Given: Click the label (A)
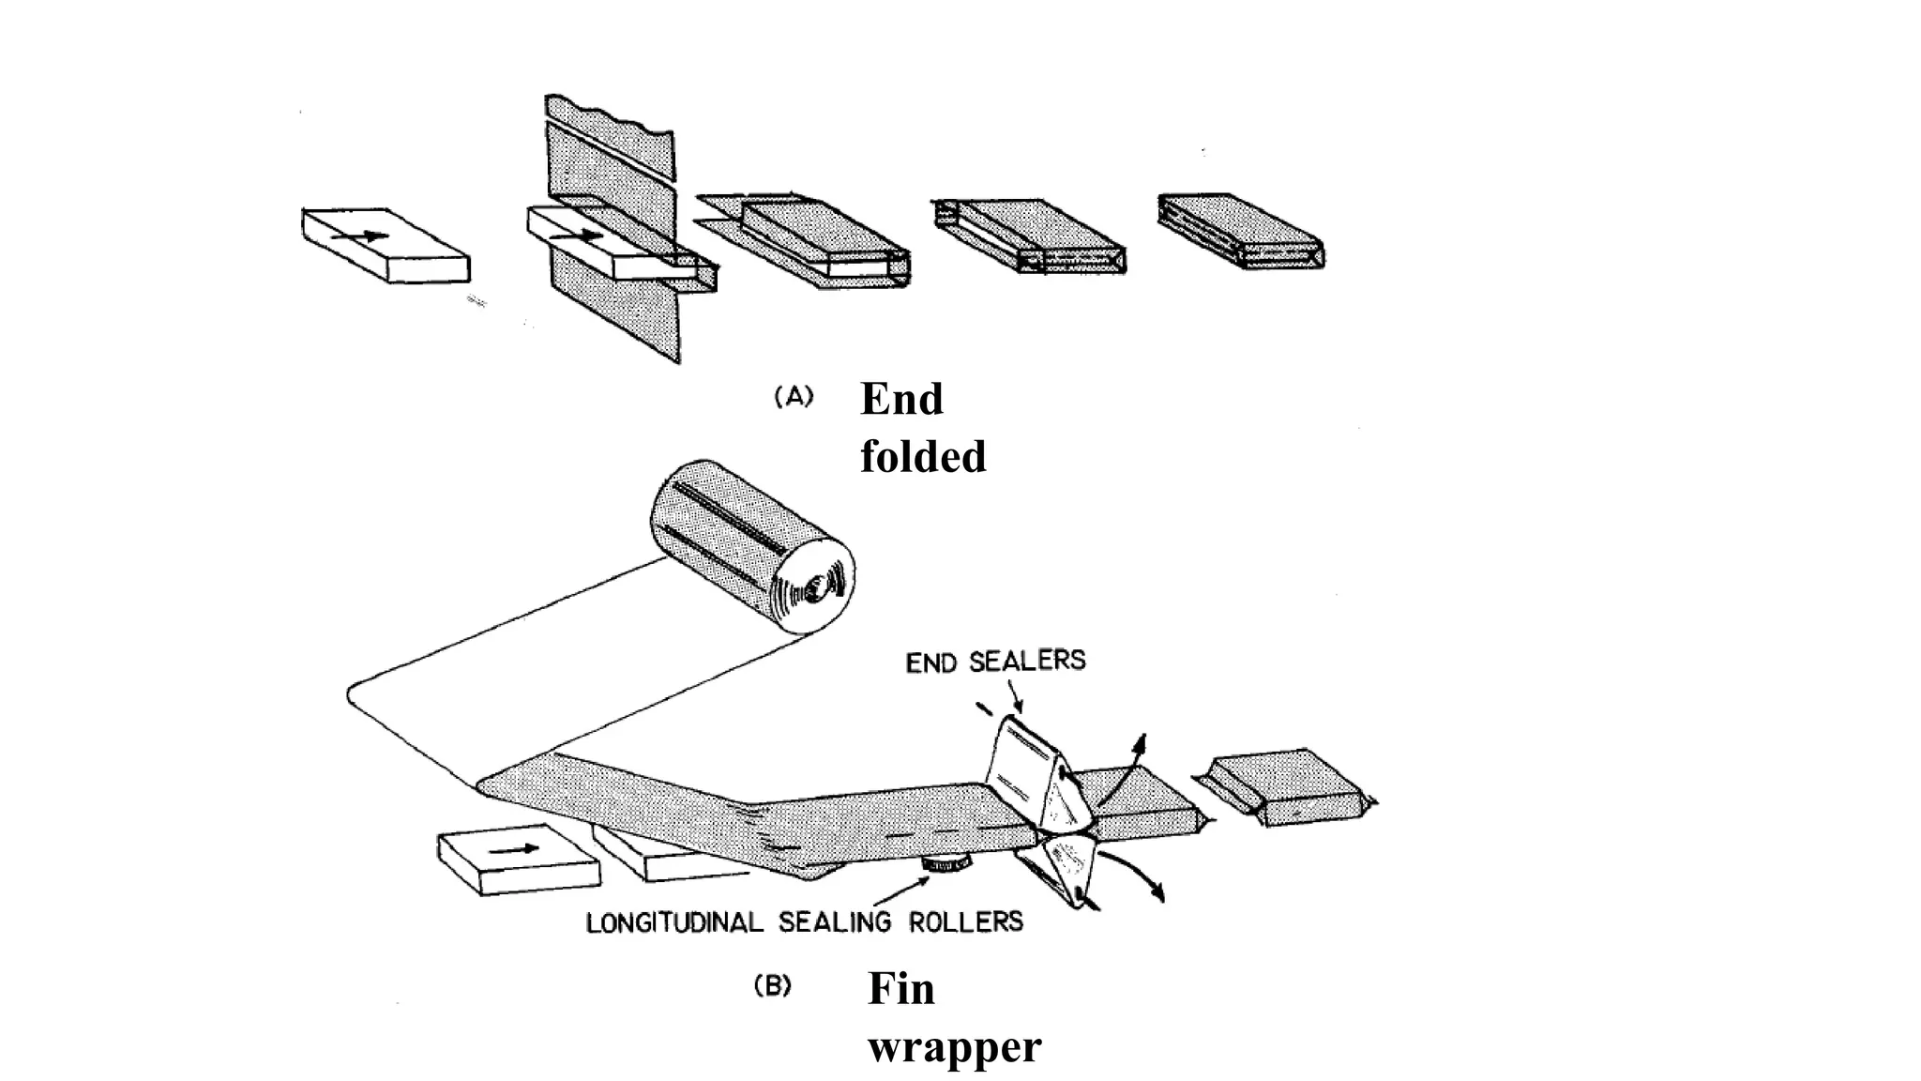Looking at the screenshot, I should (794, 397).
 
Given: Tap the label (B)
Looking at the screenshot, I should (773, 986).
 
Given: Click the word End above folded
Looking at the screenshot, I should (901, 399).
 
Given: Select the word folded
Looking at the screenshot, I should (923, 457).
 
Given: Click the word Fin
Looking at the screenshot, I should (900, 988).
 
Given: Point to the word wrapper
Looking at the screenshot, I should (954, 1046).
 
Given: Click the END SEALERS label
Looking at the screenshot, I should (995, 662).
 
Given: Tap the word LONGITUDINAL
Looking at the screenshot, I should (674, 922).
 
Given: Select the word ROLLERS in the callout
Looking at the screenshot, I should (965, 921).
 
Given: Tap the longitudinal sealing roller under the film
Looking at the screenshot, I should (946, 863).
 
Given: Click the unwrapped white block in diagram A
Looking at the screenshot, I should (385, 244).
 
